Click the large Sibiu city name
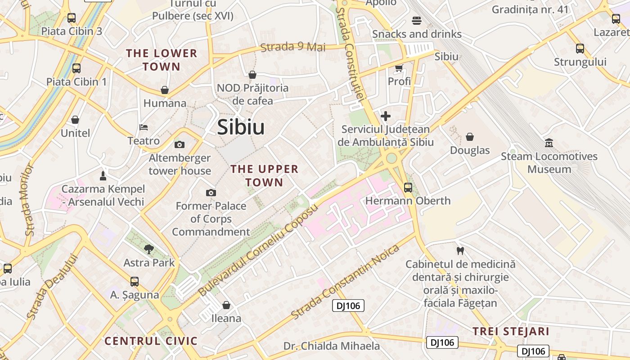(241, 127)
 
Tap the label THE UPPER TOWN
(265, 175)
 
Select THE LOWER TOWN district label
(162, 60)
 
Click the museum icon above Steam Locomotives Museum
(549, 143)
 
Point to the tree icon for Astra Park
(148, 249)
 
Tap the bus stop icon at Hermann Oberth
(408, 187)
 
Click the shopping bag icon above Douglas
(470, 136)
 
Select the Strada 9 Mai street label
(293, 47)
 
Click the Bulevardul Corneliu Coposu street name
(258, 250)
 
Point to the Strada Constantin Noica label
(345, 282)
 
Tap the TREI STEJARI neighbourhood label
(511, 332)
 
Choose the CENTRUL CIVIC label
(151, 341)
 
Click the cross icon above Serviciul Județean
(385, 116)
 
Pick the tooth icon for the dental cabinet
(460, 250)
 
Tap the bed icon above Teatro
(144, 127)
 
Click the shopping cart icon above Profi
(399, 68)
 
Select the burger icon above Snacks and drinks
(417, 20)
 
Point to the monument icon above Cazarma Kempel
(103, 175)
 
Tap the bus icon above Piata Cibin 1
(76, 68)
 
